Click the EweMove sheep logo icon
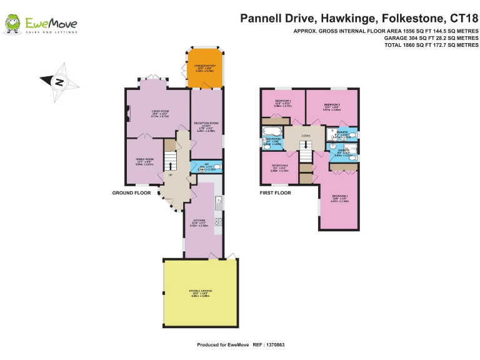(x=12, y=24)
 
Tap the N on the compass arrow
(x=58, y=81)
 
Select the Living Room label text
(x=161, y=113)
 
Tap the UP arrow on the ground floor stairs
(x=169, y=166)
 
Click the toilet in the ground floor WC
(x=216, y=167)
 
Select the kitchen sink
(x=218, y=202)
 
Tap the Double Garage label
(x=201, y=292)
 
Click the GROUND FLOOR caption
(x=132, y=193)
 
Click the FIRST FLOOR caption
(x=276, y=193)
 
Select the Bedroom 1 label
(x=341, y=199)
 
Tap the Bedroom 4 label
(x=279, y=168)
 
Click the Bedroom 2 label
(x=332, y=106)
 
